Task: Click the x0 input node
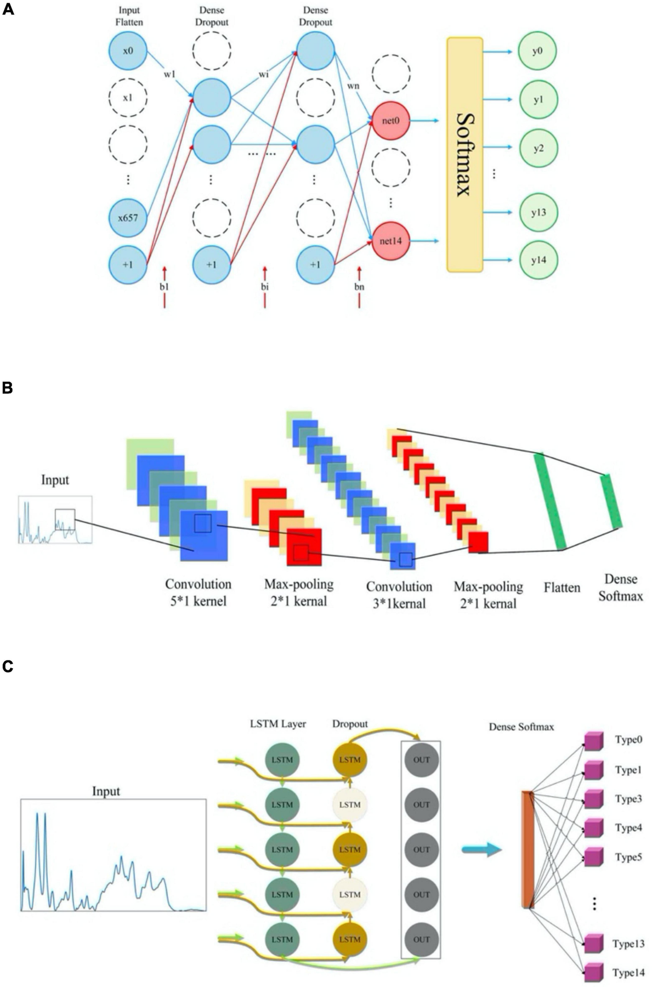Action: [x=127, y=50]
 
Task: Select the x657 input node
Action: [x=127, y=218]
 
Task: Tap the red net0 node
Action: [x=390, y=121]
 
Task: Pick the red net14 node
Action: [x=390, y=240]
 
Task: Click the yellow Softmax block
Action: [x=464, y=154]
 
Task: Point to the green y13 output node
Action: [x=538, y=212]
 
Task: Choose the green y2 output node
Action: [x=538, y=148]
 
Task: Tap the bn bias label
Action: [x=359, y=286]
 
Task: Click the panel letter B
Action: [x=8, y=388]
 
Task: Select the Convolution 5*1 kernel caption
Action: [x=198, y=592]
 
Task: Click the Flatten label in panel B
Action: [x=561, y=588]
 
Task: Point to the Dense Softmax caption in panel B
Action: [x=620, y=587]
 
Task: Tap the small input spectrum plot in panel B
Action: [x=55, y=520]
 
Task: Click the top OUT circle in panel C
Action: [x=421, y=760]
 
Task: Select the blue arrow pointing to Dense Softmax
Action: [x=481, y=850]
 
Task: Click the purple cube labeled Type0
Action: [x=593, y=741]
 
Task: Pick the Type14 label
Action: [x=628, y=973]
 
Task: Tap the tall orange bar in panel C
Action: [x=527, y=850]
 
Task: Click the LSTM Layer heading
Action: [x=278, y=724]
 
